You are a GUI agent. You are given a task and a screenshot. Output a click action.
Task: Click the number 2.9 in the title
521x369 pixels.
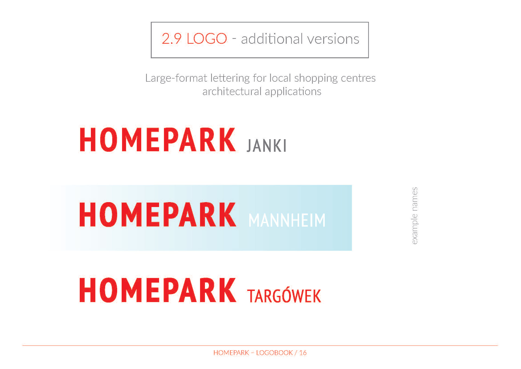pyautogui.click(x=171, y=39)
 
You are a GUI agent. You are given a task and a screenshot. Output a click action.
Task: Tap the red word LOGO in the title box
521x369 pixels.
pyautogui.click(x=207, y=39)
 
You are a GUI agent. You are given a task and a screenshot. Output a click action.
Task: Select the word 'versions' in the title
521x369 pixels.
pyautogui.click(x=333, y=39)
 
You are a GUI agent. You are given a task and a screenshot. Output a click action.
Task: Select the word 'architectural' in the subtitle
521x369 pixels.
pyautogui.click(x=232, y=91)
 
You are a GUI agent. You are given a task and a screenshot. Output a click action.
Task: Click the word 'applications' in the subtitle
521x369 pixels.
pyautogui.click(x=293, y=92)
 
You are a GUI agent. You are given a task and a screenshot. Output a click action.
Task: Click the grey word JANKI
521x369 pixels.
pyautogui.click(x=266, y=146)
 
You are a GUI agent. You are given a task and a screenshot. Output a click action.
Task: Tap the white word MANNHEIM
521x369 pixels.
pyautogui.click(x=287, y=220)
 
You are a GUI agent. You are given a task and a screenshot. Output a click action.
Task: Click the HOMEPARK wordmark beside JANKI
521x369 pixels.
pyautogui.click(x=158, y=139)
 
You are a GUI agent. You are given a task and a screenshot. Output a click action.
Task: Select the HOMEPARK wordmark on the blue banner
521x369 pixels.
pyautogui.click(x=158, y=214)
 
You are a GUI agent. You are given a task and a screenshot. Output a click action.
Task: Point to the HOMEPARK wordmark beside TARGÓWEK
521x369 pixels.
pyautogui.click(x=158, y=290)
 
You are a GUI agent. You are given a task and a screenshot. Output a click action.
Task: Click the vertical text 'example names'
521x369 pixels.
pyautogui.click(x=415, y=216)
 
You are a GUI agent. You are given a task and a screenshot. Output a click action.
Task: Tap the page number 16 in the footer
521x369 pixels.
pyautogui.click(x=303, y=353)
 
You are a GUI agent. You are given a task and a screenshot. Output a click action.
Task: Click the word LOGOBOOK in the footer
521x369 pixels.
pyautogui.click(x=274, y=353)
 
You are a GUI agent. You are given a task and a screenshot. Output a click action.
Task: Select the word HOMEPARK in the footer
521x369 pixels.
pyautogui.click(x=231, y=353)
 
